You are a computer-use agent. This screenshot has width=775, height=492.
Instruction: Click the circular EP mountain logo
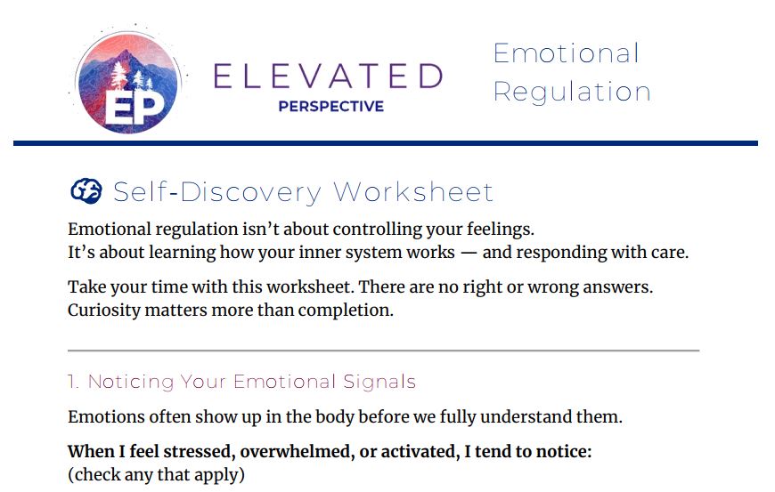[128, 83]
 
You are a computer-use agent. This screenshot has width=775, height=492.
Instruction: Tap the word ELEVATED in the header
[328, 76]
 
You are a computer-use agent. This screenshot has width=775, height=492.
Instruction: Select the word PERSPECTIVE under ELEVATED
[331, 106]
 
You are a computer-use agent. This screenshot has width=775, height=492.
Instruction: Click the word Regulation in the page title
[572, 93]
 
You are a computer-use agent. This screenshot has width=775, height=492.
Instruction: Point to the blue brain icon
[86, 191]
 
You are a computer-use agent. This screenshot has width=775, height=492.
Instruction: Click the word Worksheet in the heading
[413, 192]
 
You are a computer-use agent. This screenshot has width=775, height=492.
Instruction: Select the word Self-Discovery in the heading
[217, 192]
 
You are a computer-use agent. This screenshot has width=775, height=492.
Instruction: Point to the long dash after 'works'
[469, 253]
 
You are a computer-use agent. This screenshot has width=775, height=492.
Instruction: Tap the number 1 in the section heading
[73, 382]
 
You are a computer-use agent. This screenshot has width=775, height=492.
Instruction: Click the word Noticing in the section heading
[130, 382]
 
